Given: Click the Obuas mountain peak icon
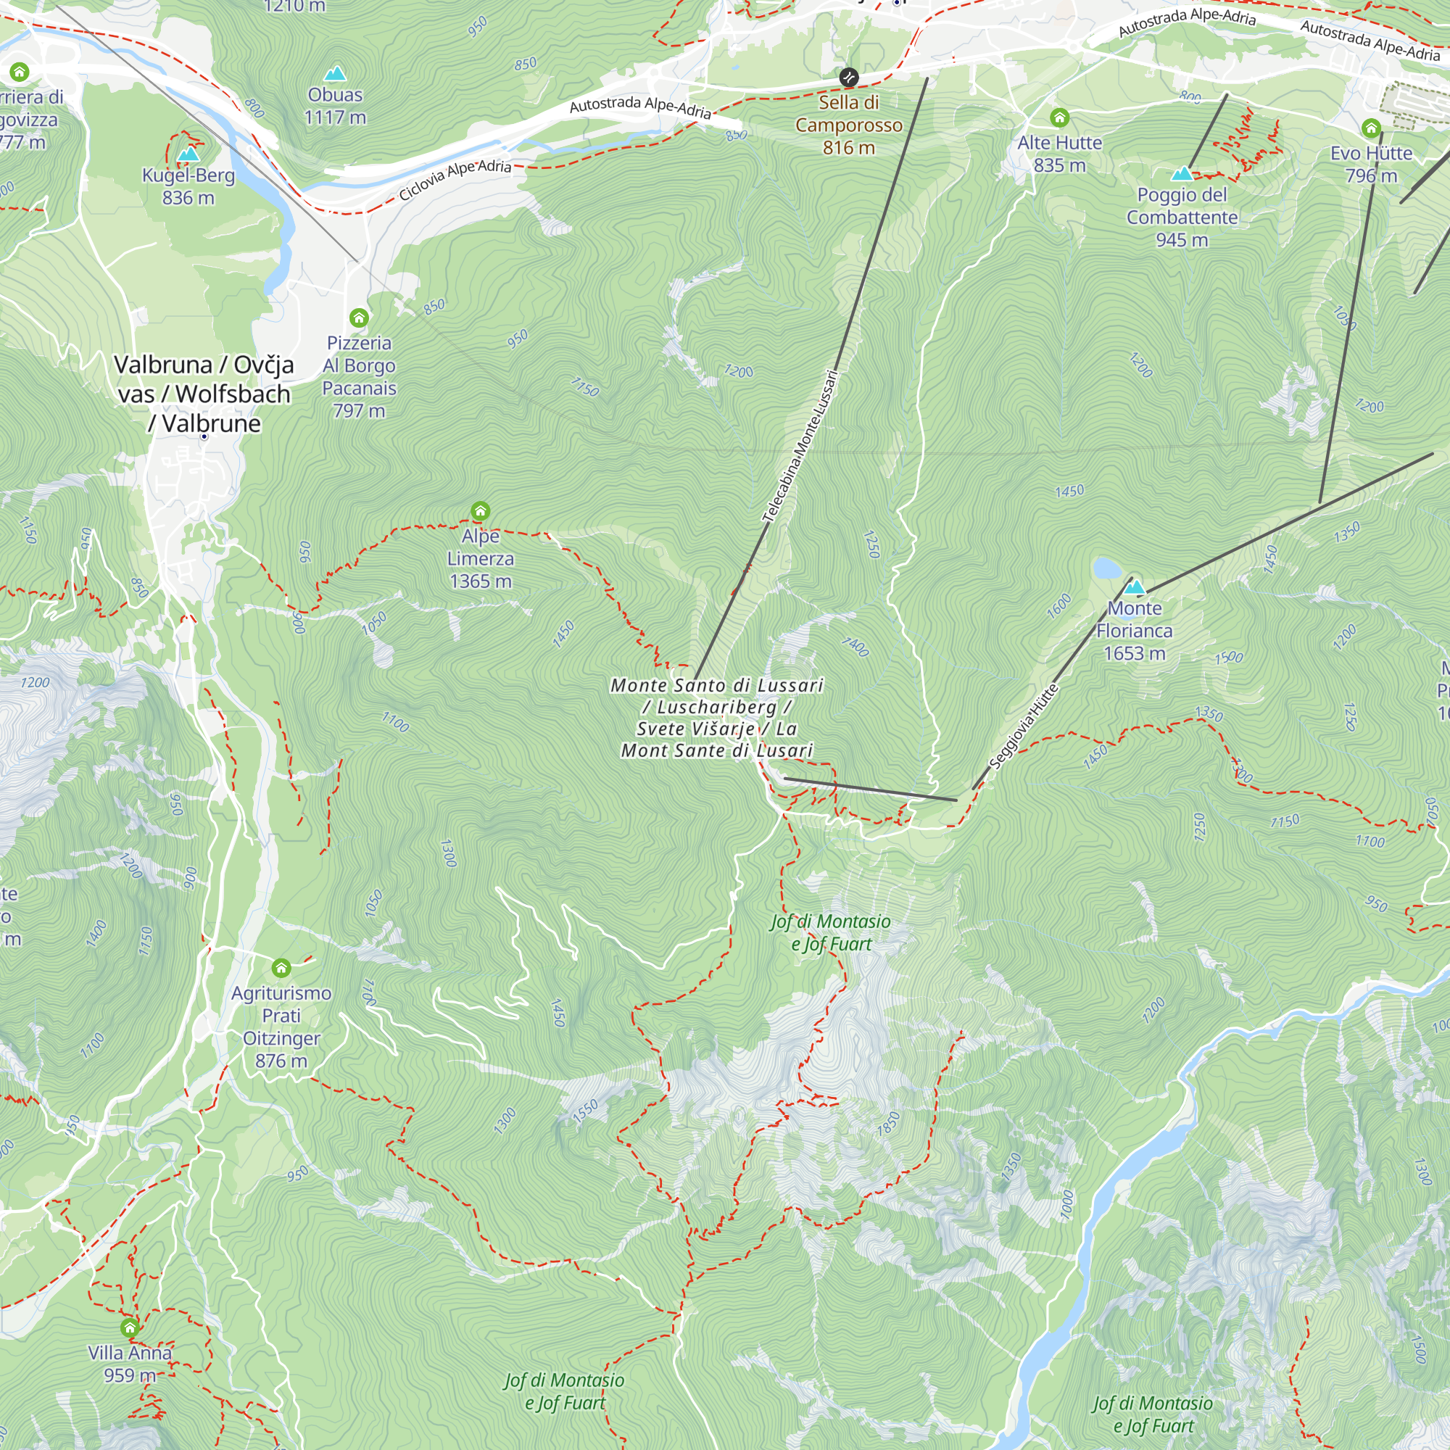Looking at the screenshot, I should point(335,73).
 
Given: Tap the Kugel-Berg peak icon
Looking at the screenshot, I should point(188,154).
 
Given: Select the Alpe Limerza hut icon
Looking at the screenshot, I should point(481,512).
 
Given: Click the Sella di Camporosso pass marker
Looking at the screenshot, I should point(849,78).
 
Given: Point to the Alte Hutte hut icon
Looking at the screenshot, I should point(1059,118).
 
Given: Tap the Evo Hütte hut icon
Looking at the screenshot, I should point(1371,128).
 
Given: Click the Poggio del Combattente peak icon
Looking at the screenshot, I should point(1182,174).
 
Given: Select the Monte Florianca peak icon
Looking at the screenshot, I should point(1134,587).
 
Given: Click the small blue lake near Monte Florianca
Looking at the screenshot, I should point(1106,568).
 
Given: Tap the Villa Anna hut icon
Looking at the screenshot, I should point(130,1327).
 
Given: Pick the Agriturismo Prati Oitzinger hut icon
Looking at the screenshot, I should point(281,967).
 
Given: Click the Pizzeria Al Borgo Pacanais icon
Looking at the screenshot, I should point(359,318).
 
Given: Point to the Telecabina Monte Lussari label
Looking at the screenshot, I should point(800,446).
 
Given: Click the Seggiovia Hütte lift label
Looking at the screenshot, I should point(1024,726).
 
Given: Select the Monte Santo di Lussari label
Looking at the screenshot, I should point(717,718).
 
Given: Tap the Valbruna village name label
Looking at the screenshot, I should point(204,394).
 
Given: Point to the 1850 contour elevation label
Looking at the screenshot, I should point(888,1124).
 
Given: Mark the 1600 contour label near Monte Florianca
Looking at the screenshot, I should point(1059,605).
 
